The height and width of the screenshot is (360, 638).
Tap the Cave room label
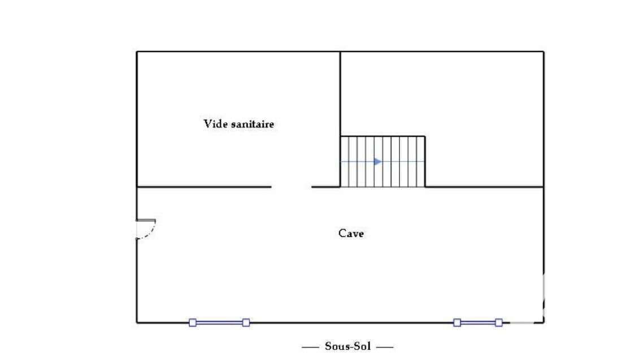click(351, 233)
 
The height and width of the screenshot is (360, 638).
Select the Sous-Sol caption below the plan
click(348, 346)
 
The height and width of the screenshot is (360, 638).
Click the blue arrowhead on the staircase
click(378, 162)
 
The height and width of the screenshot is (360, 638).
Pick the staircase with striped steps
click(382, 162)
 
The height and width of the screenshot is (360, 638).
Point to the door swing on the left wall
click(148, 231)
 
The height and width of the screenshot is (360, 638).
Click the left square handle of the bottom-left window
click(193, 323)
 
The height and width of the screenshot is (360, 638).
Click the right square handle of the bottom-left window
click(246, 323)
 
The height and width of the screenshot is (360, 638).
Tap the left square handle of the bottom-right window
click(457, 323)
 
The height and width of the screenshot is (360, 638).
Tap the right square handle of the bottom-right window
click(498, 323)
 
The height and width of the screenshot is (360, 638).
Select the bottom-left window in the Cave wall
click(219, 323)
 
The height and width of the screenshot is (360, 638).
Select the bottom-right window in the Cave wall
click(478, 323)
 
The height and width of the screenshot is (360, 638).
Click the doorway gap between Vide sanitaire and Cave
click(291, 186)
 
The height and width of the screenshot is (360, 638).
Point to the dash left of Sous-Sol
click(311, 346)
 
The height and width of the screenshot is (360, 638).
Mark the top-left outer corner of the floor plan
click(137, 52)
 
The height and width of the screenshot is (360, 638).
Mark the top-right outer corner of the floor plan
click(544, 52)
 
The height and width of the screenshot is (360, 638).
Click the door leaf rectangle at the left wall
click(146, 220)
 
